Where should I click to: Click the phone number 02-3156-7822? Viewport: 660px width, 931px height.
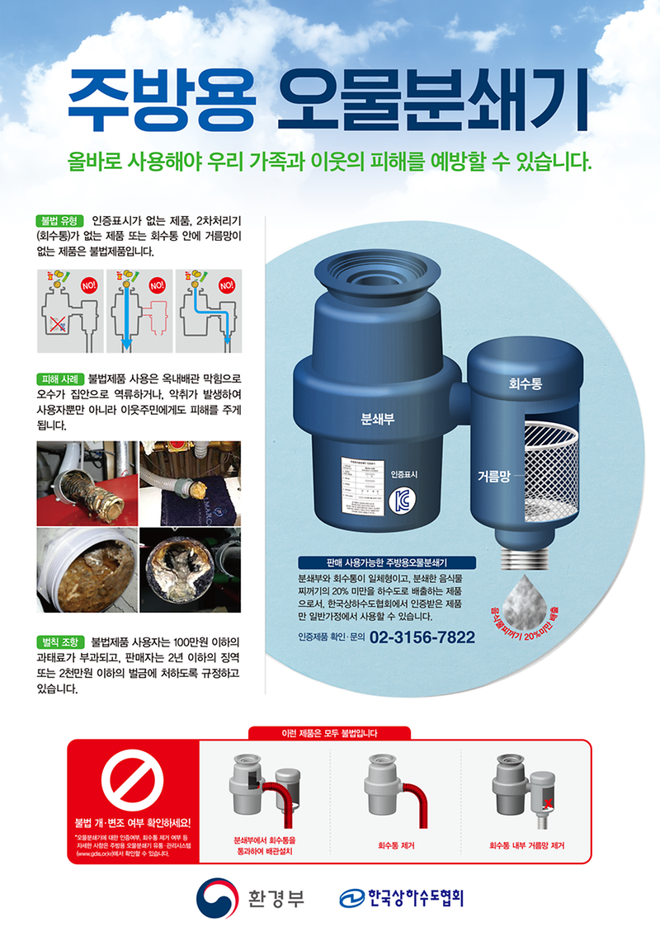tap(422, 637)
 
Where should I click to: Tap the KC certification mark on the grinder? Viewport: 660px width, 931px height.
tap(401, 502)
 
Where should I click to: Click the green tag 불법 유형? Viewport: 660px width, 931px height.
tap(59, 220)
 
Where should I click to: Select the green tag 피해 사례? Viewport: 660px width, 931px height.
tap(59, 379)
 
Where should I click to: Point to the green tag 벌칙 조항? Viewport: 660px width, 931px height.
tap(59, 641)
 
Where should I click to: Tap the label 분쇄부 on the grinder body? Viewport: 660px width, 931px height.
tap(378, 417)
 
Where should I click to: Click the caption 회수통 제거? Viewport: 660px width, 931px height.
tap(396, 844)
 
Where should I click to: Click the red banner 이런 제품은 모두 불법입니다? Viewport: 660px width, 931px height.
tap(329, 731)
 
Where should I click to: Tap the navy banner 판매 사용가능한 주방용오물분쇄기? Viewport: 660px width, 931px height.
tap(387, 562)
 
